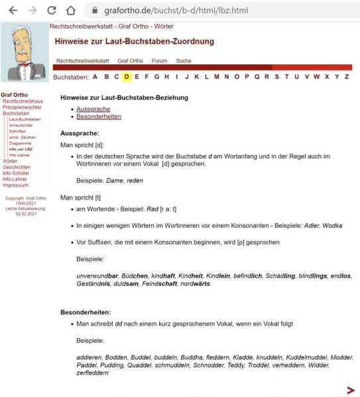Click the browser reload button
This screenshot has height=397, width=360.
coord(52,11)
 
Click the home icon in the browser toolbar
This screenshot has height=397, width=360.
coord(71,11)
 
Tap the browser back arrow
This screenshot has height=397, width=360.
coord(12,11)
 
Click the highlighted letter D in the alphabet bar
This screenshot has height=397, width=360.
coord(127,77)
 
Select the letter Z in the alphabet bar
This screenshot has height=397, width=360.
coord(346,77)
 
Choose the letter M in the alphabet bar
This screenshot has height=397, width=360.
coord(217,77)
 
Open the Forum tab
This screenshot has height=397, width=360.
coord(159,61)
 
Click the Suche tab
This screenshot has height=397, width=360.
coord(184,61)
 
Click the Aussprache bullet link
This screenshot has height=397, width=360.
coord(93,109)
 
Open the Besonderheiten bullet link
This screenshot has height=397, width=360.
coord(99,117)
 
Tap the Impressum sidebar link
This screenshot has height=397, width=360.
coord(15,185)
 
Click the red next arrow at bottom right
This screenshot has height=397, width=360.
coord(351,390)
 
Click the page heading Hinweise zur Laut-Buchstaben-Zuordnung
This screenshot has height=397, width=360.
coord(135,42)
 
